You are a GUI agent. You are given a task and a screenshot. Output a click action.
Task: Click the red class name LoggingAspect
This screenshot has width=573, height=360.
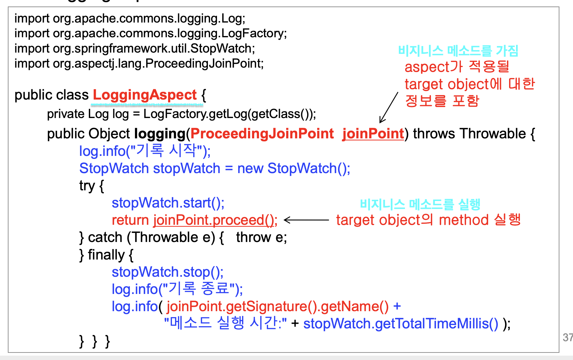145,95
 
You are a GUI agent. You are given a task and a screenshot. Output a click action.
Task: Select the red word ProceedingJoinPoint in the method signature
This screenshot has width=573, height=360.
262,134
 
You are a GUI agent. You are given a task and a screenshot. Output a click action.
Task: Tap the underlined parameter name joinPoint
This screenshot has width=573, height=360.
373,134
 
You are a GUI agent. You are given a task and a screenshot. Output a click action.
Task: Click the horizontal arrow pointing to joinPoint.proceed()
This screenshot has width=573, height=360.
306,220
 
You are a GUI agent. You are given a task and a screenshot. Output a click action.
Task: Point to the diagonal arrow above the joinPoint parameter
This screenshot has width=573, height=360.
389,107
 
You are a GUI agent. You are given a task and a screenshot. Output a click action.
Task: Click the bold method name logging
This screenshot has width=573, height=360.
160,134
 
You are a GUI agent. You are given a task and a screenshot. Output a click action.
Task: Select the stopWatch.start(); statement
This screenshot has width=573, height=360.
168,203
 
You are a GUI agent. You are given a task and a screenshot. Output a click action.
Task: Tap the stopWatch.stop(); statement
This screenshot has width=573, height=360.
168,272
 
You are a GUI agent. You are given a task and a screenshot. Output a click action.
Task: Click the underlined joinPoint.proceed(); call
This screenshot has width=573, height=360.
215,220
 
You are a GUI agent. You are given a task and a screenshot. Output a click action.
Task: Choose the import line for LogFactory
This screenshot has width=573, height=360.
150,33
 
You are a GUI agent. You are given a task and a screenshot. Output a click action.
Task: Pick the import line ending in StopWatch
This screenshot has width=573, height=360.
135,49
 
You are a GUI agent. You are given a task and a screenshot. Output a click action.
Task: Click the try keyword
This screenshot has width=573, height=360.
87,186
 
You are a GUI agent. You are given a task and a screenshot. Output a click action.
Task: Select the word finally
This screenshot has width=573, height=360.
106,255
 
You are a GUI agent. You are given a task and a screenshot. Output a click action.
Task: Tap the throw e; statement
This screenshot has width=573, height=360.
261,238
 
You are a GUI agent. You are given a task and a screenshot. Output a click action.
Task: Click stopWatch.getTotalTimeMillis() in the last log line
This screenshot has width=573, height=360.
400,324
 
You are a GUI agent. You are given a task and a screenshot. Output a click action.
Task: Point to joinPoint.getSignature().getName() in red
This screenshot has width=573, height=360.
277,306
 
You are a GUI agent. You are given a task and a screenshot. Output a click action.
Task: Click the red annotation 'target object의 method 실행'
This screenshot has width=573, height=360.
428,220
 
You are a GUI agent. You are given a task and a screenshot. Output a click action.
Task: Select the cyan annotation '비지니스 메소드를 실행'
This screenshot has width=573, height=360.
420,204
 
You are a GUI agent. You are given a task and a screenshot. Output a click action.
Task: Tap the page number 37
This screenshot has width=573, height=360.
567,337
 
